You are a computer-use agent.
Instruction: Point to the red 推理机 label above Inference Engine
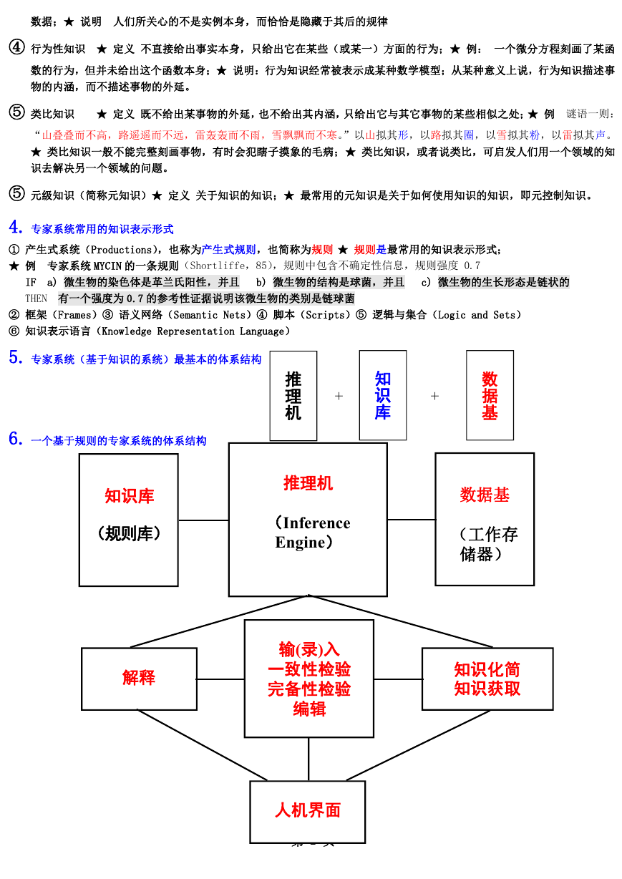click(308, 482)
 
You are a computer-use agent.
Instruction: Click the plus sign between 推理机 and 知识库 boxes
click(339, 396)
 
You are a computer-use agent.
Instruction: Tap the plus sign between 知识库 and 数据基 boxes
click(434, 396)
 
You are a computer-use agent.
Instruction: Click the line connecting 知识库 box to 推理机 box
click(203, 520)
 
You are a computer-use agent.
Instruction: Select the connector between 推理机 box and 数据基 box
click(412, 519)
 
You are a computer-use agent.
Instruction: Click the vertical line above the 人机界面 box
click(308, 759)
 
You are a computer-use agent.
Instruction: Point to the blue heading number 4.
click(15, 227)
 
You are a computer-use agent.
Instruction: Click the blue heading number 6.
click(15, 439)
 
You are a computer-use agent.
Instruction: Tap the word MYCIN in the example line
click(107, 266)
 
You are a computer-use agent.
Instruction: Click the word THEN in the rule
click(36, 298)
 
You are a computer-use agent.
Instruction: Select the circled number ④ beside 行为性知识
click(17, 47)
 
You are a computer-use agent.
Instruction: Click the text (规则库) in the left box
click(129, 533)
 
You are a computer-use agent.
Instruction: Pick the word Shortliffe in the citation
click(218, 266)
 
